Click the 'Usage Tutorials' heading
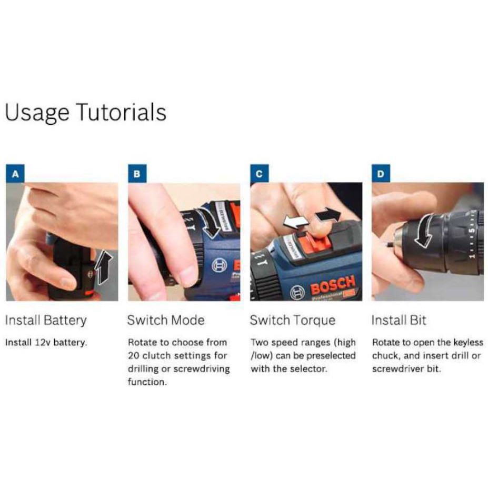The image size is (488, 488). (x=86, y=113)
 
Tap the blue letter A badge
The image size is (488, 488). (x=15, y=174)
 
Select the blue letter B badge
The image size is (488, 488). (x=137, y=174)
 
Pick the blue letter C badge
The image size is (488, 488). (x=259, y=174)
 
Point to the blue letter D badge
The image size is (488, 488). (x=381, y=174)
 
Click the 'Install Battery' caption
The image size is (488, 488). (x=46, y=321)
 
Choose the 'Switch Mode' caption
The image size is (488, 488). (x=166, y=320)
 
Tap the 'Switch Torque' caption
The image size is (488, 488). (x=293, y=321)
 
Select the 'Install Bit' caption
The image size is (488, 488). (x=399, y=320)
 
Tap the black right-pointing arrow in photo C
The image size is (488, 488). (x=328, y=215)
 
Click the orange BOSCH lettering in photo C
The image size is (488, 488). (x=333, y=284)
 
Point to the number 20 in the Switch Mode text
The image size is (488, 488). (x=134, y=355)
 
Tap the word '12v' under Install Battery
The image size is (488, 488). (x=43, y=343)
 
